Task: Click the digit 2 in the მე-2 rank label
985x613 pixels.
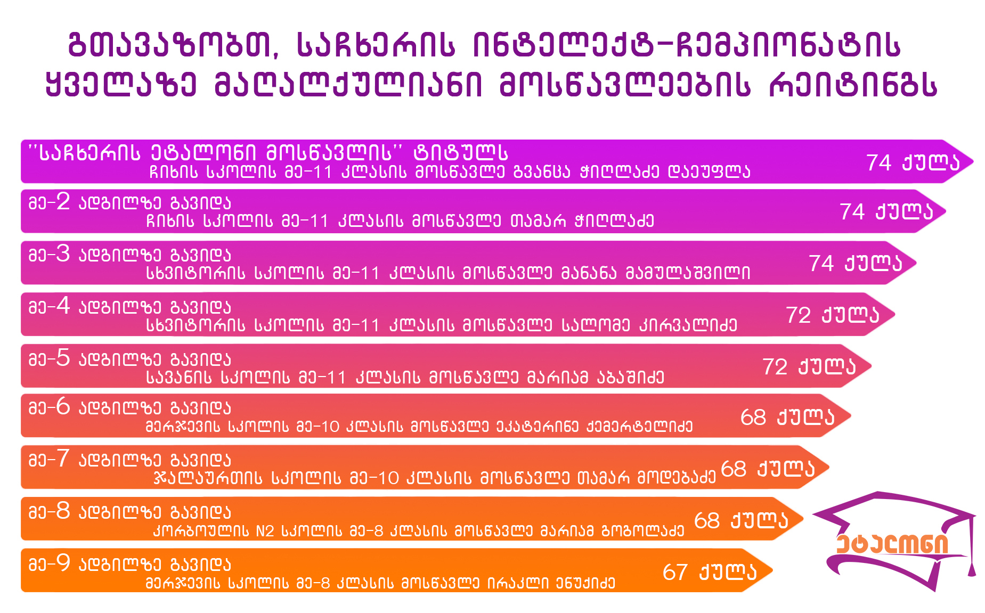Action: (63, 202)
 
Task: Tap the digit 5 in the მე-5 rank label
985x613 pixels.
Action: (63, 358)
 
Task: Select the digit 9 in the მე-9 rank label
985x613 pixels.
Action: (63, 563)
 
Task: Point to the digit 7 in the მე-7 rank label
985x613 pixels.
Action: (63, 459)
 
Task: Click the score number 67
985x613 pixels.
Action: (675, 573)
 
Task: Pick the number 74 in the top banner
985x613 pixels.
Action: (879, 163)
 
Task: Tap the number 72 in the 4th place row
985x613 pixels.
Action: (799, 315)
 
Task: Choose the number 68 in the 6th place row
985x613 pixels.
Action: (753, 418)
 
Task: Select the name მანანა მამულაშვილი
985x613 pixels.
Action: (656, 273)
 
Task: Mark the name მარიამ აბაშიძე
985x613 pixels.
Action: (596, 378)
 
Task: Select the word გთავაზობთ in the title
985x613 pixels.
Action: (174, 45)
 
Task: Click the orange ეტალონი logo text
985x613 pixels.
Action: (892, 544)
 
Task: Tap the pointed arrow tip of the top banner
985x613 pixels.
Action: (973, 161)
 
